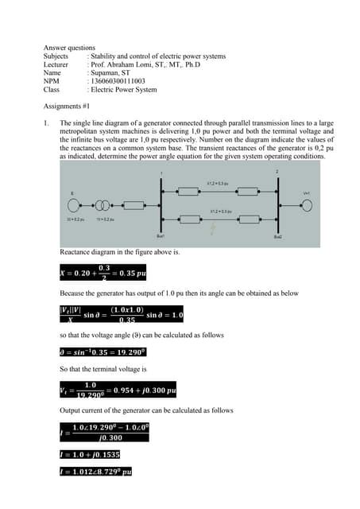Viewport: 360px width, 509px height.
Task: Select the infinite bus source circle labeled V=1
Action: tap(305, 204)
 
